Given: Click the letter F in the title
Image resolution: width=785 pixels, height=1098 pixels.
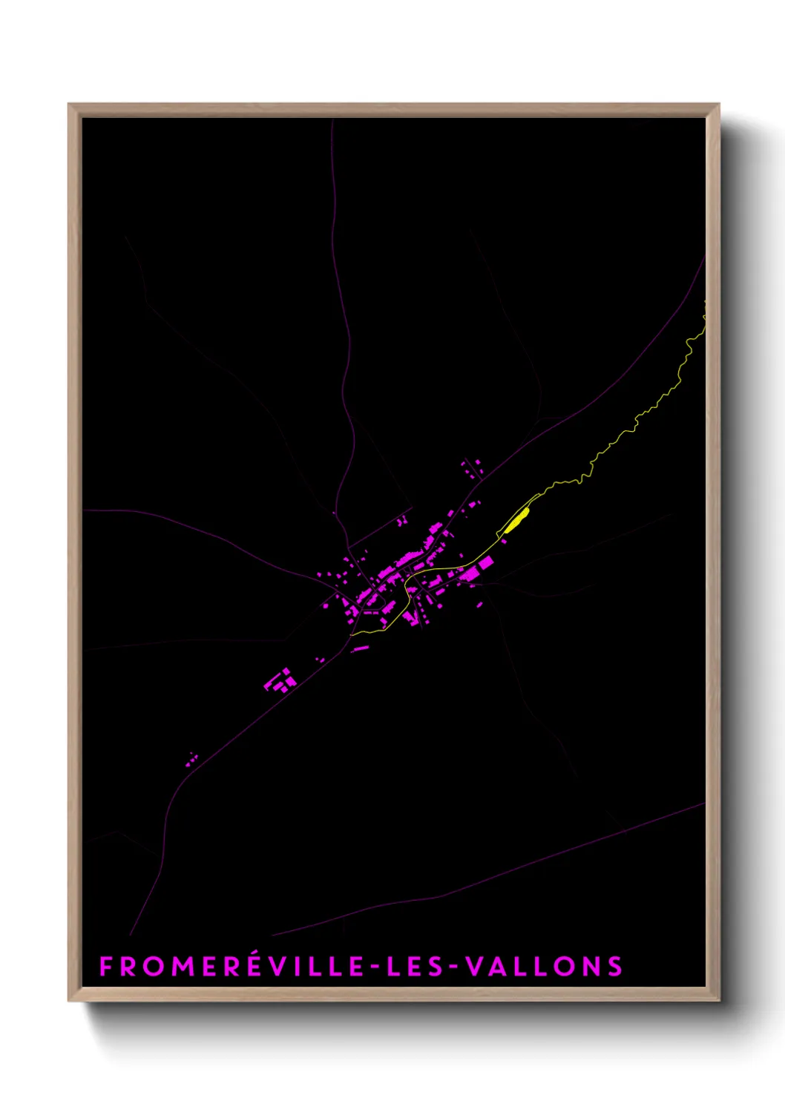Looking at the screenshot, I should (x=106, y=967).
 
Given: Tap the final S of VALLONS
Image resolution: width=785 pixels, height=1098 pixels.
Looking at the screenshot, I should (x=614, y=967).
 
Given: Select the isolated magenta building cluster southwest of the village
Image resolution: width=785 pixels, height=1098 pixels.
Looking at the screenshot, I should (x=280, y=680).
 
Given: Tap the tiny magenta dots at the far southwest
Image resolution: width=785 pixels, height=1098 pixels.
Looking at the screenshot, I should (x=192, y=757).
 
